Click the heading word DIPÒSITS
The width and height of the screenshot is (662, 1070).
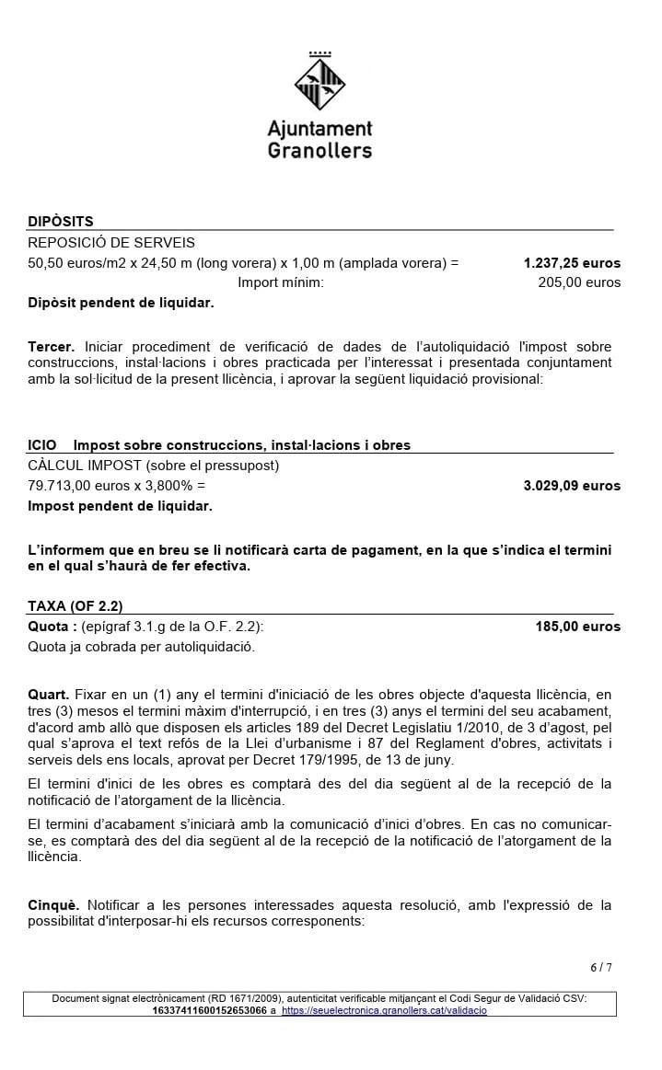point(61,222)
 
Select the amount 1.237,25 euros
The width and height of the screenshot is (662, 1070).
point(572,263)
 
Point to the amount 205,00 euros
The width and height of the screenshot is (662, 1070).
point(579,282)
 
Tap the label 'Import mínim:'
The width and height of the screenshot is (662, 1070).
point(281,282)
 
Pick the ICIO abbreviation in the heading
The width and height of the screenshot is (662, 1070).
point(42,445)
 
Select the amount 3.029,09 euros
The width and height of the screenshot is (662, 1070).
point(572,486)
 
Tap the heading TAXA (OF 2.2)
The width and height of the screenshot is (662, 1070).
point(75,606)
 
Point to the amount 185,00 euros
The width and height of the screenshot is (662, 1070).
point(578,627)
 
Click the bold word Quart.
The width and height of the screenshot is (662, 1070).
point(48,694)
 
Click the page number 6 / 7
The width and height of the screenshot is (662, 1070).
point(600,967)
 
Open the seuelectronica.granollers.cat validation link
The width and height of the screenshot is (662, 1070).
point(384,1010)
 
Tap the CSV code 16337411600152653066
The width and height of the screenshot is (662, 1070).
point(209,1010)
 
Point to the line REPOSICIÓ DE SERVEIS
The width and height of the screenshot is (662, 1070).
point(111,243)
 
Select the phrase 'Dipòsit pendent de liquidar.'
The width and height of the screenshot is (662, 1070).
point(121,303)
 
